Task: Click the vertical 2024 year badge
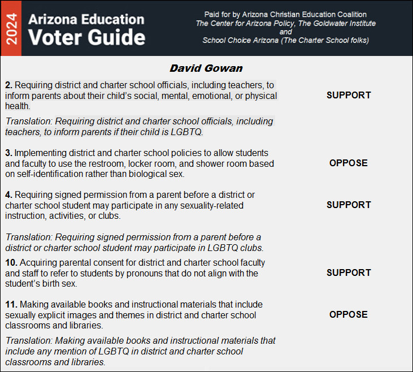(11, 28)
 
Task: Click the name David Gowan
(206, 68)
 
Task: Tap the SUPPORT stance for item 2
(349, 95)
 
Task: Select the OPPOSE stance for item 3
(349, 163)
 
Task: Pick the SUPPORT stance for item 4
(349, 205)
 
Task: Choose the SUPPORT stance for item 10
(349, 272)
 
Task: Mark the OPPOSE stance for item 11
(349, 314)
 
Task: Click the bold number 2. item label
(8, 85)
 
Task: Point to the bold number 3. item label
(8, 153)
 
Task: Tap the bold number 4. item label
(8, 195)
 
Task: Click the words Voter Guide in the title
(86, 37)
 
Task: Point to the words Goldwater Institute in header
(345, 24)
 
